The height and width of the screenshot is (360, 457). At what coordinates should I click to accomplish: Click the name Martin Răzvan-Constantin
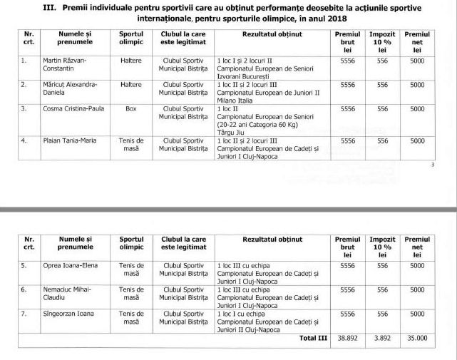pyautogui.click(x=70, y=66)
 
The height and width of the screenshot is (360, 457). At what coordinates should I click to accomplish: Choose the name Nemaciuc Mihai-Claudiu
pyautogui.click(x=66, y=293)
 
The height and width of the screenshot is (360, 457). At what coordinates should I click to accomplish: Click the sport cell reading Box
pyautogui.click(x=131, y=108)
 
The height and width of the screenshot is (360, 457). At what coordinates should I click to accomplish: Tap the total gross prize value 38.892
pyautogui.click(x=347, y=338)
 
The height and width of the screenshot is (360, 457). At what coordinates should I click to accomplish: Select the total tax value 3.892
pyautogui.click(x=382, y=338)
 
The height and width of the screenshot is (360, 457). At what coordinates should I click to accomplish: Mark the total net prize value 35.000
pyautogui.click(x=417, y=338)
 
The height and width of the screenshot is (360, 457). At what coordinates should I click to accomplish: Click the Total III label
pyautogui.click(x=313, y=338)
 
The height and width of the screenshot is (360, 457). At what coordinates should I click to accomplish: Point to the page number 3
pyautogui.click(x=433, y=165)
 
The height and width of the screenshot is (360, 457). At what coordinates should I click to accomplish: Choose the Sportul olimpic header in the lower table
pyautogui.click(x=131, y=244)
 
